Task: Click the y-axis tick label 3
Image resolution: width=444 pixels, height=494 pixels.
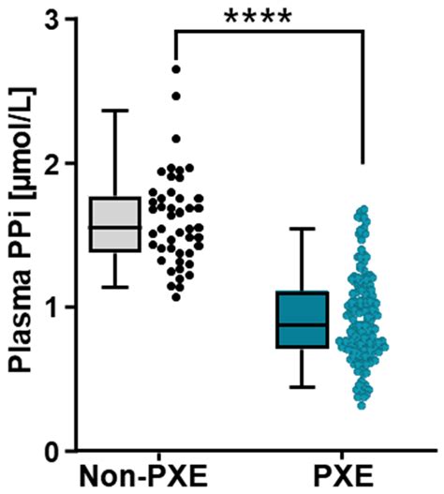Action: click(58, 21)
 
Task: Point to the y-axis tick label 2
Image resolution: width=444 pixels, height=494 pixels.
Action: click(58, 163)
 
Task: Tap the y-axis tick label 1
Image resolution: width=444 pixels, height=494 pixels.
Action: click(58, 307)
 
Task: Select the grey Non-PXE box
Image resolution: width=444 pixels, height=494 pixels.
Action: click(114, 224)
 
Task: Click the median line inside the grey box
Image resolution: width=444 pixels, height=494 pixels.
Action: click(114, 227)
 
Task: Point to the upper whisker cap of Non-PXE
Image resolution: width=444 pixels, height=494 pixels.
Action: click(114, 111)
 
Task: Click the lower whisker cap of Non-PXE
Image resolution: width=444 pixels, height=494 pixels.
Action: click(114, 286)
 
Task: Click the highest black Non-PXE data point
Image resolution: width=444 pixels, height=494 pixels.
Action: click(175, 68)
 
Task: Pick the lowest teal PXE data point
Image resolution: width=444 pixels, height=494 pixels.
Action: click(362, 404)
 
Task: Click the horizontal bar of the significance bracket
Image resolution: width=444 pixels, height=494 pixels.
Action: click(268, 31)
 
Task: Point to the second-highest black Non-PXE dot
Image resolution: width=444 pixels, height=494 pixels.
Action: click(175, 96)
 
